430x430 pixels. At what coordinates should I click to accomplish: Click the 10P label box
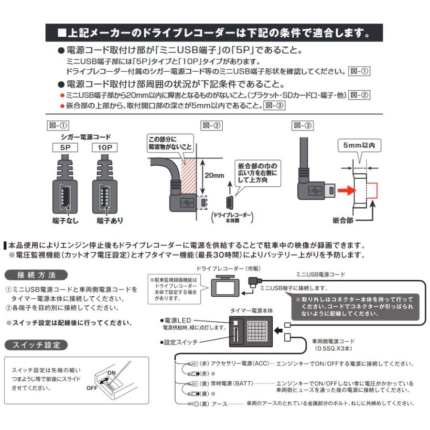[x=104, y=148]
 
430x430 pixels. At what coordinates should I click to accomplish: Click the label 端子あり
[x=109, y=220]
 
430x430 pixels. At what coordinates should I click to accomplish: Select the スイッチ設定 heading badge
[x=36, y=344]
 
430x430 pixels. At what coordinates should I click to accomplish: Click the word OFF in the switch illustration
[x=92, y=388]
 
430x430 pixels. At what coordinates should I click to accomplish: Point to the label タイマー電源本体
[x=251, y=310]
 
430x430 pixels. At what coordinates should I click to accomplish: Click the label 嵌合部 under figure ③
[x=343, y=220]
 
